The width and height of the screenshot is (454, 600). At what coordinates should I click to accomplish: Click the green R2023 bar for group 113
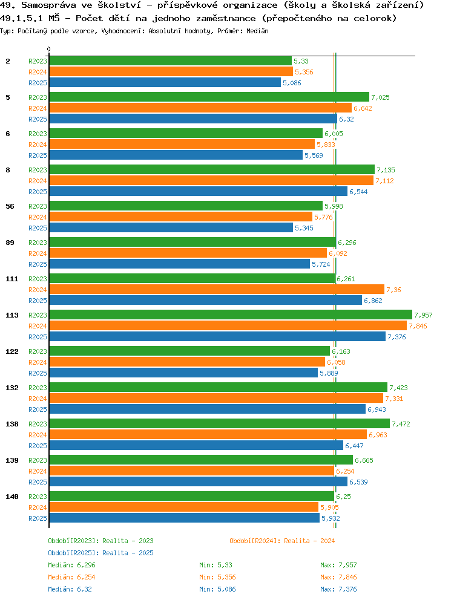tap(230, 315)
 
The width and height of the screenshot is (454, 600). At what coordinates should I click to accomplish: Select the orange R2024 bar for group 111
tap(216, 289)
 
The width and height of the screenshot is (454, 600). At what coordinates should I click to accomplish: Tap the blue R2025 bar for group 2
tap(165, 82)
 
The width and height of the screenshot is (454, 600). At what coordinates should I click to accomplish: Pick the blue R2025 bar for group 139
tap(198, 481)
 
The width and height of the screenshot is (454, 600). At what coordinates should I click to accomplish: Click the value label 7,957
tap(424, 315)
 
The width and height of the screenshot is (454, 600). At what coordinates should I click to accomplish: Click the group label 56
tap(10, 206)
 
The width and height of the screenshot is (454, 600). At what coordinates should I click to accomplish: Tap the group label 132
tap(12, 388)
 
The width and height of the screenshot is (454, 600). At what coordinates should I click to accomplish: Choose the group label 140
tap(12, 497)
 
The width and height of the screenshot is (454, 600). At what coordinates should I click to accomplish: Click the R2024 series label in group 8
tap(38, 181)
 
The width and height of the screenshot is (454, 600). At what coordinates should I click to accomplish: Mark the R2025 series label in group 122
tap(38, 373)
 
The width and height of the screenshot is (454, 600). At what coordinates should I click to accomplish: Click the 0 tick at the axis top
tap(49, 50)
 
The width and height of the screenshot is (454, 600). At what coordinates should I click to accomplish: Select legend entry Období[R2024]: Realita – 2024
tap(282, 541)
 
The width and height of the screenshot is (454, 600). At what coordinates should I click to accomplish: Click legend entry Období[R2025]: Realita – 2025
tap(100, 553)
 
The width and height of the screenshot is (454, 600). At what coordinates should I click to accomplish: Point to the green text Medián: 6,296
tap(71, 565)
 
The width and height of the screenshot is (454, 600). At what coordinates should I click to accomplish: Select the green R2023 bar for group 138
tap(219, 423)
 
